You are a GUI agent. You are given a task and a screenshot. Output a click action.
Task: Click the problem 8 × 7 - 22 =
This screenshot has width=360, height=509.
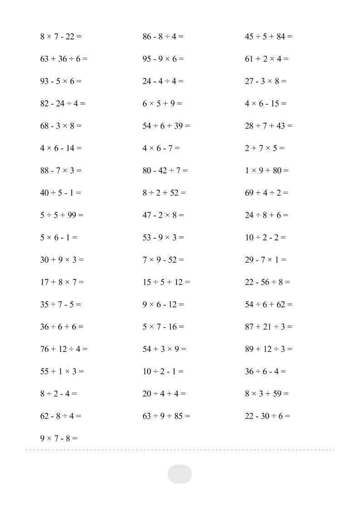click(x=61, y=37)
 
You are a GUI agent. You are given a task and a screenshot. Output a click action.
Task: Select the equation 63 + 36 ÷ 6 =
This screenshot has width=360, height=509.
click(x=64, y=59)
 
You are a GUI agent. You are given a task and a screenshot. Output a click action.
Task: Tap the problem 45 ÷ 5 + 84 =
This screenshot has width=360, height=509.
click(x=268, y=37)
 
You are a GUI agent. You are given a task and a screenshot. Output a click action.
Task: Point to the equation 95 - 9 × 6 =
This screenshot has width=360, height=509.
click(x=163, y=59)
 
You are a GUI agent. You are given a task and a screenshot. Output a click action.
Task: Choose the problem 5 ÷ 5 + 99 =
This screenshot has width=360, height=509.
click(x=62, y=215)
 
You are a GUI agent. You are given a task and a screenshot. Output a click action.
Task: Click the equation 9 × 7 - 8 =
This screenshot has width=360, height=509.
click(x=59, y=438)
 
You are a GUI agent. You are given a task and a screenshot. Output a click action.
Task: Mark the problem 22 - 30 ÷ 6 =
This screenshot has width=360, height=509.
click(x=267, y=416)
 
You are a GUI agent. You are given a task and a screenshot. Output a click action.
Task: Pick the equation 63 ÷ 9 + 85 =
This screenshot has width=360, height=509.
click(x=166, y=416)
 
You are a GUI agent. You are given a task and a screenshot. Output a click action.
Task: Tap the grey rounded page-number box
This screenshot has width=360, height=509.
click(x=180, y=474)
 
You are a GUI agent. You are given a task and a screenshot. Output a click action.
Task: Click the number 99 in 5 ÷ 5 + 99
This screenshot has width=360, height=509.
click(x=72, y=215)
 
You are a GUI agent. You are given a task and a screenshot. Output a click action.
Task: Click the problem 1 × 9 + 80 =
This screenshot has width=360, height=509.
click(x=266, y=171)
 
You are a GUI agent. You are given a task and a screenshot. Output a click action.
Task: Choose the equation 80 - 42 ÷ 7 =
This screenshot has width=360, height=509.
click(x=165, y=171)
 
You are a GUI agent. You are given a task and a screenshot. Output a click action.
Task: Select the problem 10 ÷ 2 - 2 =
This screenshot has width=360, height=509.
click(x=265, y=237)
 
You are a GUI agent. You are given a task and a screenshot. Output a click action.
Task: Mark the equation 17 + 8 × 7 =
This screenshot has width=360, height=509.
click(x=62, y=282)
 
